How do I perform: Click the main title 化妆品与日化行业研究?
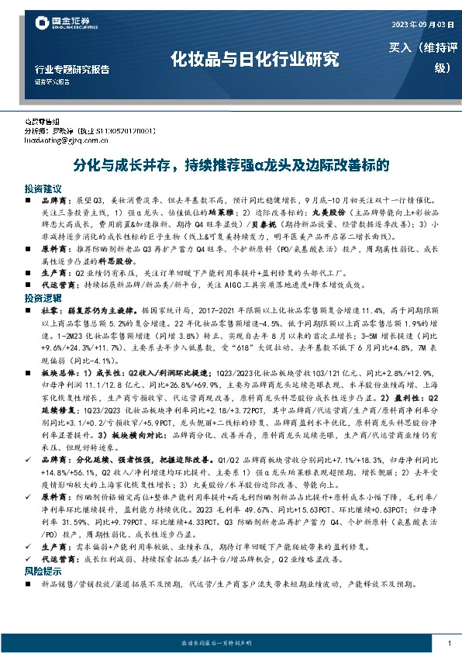[255, 58]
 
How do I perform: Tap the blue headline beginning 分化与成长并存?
[231, 167]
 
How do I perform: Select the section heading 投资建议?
[42, 188]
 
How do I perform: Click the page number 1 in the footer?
[449, 644]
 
